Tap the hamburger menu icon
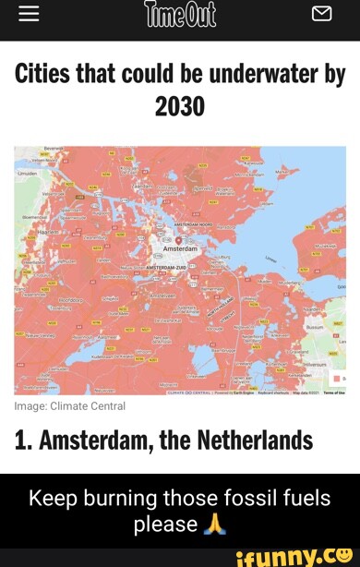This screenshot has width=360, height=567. pos(29,13)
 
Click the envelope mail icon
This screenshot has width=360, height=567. pos(321,13)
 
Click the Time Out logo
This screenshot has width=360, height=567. pos(180,14)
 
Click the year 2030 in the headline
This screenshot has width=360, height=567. pos(180,108)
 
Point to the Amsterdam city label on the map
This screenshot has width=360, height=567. pos(180,249)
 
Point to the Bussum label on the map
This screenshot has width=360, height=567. pos(315,326)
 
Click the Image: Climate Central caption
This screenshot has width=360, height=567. pos(69,405)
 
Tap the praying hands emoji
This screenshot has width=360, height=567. pos(214,525)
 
